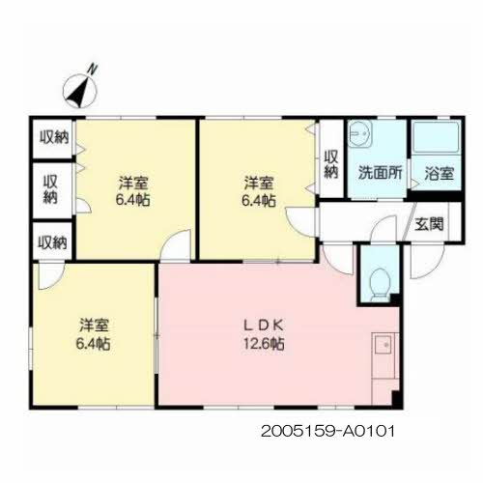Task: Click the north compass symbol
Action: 80,92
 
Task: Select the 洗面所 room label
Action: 380,173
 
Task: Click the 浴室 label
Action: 440,174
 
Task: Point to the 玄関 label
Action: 429,224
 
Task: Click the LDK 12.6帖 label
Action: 264,334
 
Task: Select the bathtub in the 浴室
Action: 436,137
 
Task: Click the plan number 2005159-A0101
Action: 327,431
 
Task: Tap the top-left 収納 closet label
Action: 54,138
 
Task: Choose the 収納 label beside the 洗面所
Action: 330,164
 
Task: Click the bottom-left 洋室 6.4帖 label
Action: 94,334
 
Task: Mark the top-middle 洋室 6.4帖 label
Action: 259,191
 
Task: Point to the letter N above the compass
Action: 93,69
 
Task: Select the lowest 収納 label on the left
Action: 53,242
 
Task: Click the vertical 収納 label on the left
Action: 50,189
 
